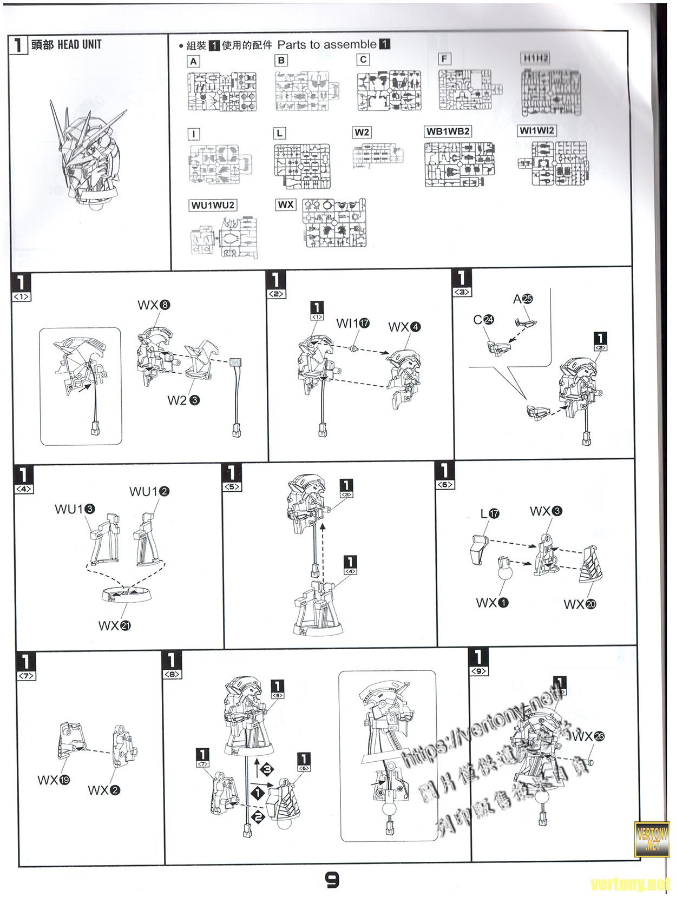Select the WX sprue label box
286,205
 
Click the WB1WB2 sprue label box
448,131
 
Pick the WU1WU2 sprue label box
213,206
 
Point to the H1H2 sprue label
535,58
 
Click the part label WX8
154,305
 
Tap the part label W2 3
183,400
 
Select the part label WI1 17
352,323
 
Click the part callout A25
523,299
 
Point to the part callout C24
483,320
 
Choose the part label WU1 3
75,509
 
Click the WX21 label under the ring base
114,626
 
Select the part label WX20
580,604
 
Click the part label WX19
54,780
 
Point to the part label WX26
588,736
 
